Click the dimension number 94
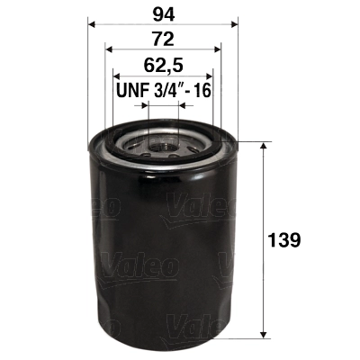163,13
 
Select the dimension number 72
163,40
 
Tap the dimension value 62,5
163,65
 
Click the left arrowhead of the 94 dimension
93,25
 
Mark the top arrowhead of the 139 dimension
263,146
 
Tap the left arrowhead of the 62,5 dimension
116,76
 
